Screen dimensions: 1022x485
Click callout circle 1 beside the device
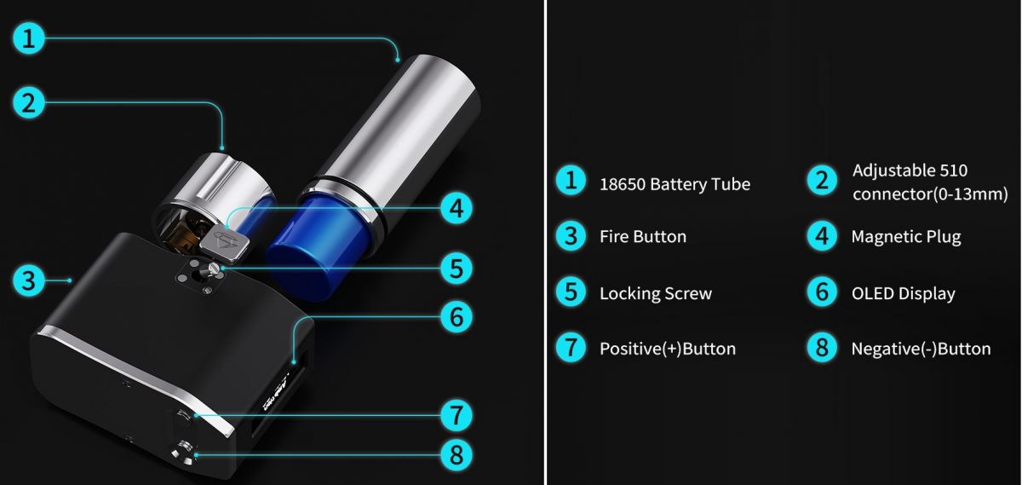(x=29, y=38)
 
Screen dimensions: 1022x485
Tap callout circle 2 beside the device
(x=29, y=103)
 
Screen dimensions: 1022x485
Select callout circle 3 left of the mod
(x=29, y=280)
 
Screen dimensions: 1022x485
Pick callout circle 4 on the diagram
(x=456, y=208)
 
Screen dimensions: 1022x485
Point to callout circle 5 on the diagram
(x=456, y=268)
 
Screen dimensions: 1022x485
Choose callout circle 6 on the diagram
(x=456, y=316)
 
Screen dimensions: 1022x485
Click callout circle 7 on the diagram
(x=456, y=416)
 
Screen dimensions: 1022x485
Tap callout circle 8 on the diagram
(x=456, y=455)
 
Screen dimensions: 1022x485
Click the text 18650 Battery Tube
(x=675, y=184)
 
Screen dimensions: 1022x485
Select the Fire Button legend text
(x=643, y=237)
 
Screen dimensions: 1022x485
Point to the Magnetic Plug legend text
(x=906, y=237)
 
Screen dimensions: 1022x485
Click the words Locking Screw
(x=656, y=294)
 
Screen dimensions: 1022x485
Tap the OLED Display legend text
(x=904, y=294)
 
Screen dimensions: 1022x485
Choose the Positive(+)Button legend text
(x=668, y=349)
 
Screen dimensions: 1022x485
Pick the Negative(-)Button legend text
(x=922, y=349)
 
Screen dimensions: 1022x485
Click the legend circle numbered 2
(x=822, y=181)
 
